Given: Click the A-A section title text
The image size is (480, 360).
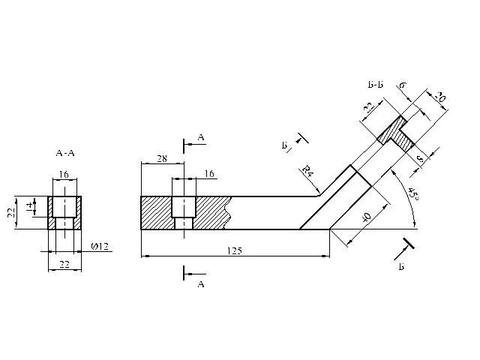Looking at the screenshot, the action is click(x=65, y=152).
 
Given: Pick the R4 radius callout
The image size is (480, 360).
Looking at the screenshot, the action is click(x=307, y=172).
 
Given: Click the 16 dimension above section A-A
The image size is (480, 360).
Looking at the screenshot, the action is click(x=64, y=174).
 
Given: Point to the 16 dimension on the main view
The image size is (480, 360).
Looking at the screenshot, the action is click(x=209, y=173).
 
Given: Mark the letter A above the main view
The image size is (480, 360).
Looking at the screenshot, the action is click(x=201, y=137).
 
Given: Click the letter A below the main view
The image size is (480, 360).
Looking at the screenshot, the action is click(x=200, y=285).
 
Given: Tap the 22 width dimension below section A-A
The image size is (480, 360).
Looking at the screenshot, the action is click(x=64, y=264).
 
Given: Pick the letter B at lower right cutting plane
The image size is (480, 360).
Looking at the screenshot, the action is click(x=402, y=266).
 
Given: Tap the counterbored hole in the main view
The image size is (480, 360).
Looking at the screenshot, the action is click(x=184, y=212).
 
